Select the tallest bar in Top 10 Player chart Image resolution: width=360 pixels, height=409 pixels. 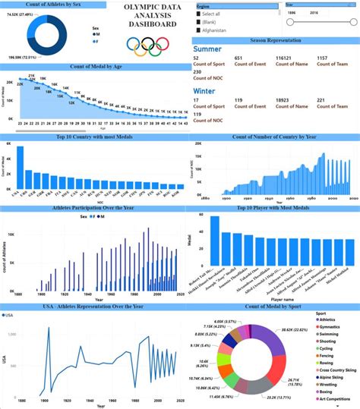(215, 238)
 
